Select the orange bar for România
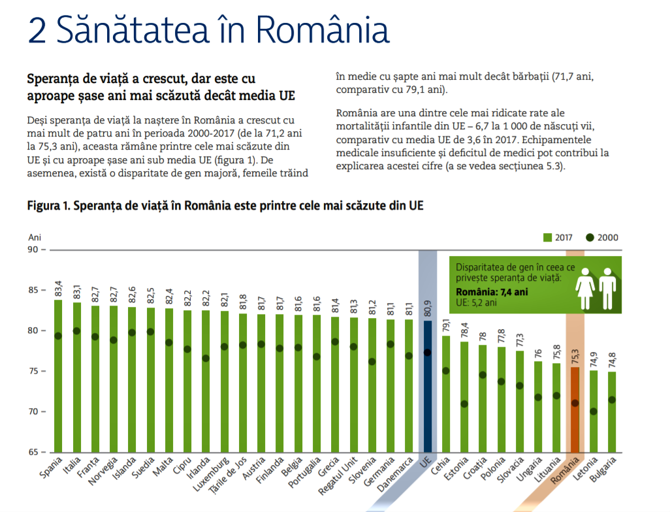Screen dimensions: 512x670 tap(575, 418)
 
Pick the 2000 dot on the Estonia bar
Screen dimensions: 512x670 tap(464, 404)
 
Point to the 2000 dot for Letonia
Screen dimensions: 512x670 tap(593, 411)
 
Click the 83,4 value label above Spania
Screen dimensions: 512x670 tap(58, 287)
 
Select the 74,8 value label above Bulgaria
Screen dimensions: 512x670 tap(612, 360)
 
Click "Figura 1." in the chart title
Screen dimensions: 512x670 tap(48, 206)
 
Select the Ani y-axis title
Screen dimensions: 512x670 tap(34, 238)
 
